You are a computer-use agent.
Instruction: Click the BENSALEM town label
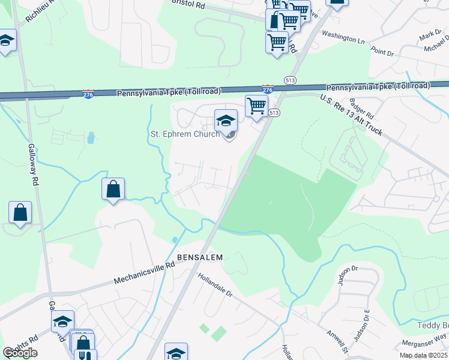200,257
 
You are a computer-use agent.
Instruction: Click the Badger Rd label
361,109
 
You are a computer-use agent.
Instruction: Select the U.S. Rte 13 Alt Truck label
351,115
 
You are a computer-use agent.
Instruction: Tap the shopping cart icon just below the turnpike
256,106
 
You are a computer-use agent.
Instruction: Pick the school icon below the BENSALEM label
176,352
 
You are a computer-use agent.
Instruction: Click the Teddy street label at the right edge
433,325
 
